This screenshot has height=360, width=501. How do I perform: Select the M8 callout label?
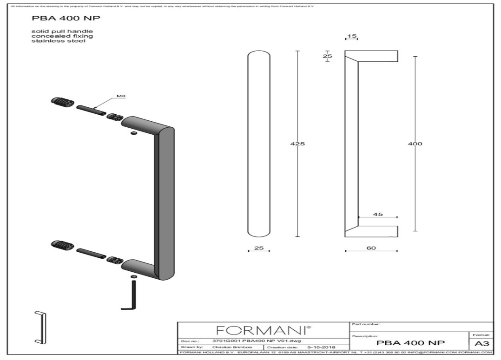(120, 96)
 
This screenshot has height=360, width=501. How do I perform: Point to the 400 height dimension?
(415, 144)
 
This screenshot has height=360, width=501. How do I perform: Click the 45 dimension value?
(377, 214)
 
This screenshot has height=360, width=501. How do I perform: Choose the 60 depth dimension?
(371, 248)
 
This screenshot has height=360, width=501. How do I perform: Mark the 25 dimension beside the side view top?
(327, 56)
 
